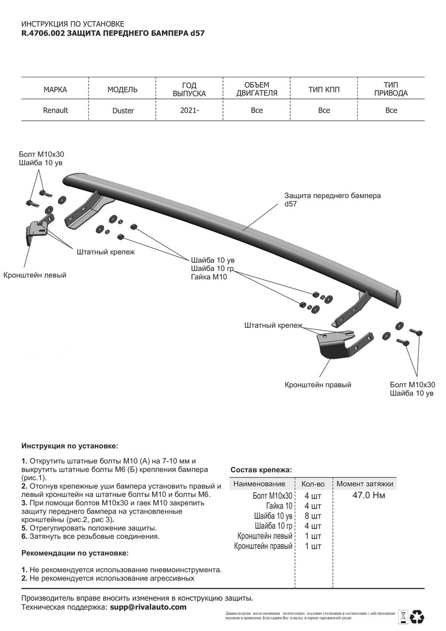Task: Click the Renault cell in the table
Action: pyautogui.click(x=55, y=110)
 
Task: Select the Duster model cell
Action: pyautogui.click(x=123, y=111)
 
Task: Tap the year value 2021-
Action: pyautogui.click(x=189, y=110)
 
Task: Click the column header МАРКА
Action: pyautogui.click(x=55, y=89)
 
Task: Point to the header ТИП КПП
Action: pyautogui.click(x=324, y=89)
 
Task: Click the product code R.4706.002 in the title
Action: pyautogui.click(x=43, y=33)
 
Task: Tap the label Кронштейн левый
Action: pyautogui.click(x=35, y=275)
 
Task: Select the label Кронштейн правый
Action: pyautogui.click(x=318, y=385)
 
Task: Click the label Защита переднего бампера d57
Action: pyautogui.click(x=332, y=200)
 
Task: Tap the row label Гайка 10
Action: pyautogui.click(x=279, y=506)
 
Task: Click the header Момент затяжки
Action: pyautogui.click(x=364, y=484)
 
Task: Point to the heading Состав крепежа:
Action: pyautogui.click(x=261, y=470)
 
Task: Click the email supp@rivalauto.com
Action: pyautogui.click(x=148, y=607)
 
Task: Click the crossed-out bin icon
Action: pyautogui.click(x=402, y=616)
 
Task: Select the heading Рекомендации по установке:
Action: pyautogui.click(x=75, y=553)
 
